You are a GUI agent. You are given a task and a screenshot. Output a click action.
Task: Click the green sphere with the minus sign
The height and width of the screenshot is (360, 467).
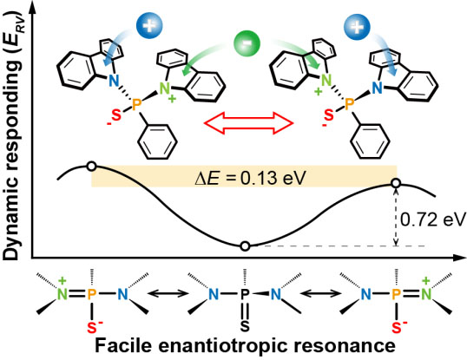click(247, 43)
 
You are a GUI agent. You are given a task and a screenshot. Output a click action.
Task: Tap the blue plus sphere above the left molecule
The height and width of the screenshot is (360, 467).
click(149, 25)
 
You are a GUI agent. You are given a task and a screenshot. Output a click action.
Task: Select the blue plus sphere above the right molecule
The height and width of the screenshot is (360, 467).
click(357, 27)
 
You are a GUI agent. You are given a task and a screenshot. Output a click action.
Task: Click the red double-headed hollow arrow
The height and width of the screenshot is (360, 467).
click(248, 123)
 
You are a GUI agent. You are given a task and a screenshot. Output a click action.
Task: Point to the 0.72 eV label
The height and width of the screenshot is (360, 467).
click(433, 219)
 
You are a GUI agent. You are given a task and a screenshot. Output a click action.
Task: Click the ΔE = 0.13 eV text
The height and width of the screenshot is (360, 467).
click(250, 179)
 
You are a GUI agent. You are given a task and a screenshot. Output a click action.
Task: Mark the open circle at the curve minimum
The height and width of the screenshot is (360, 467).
click(245, 246)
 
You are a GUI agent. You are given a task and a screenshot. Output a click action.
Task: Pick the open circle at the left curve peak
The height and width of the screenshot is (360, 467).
click(92, 167)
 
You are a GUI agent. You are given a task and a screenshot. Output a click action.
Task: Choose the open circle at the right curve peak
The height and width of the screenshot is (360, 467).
click(396, 183)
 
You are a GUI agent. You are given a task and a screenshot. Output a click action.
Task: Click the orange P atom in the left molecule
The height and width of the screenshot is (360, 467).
click(136, 105)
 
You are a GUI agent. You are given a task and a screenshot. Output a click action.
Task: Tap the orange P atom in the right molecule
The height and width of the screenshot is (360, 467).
click(349, 104)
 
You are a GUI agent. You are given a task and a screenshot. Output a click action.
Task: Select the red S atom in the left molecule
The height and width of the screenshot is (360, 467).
click(116, 115)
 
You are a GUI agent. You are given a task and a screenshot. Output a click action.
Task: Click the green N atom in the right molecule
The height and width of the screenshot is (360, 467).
click(326, 81)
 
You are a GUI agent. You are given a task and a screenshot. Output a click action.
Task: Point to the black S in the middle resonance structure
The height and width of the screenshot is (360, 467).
click(245, 326)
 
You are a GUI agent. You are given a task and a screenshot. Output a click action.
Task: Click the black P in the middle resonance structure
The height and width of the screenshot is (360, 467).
click(245, 294)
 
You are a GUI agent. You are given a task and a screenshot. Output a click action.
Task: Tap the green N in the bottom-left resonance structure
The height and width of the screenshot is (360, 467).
click(62, 294)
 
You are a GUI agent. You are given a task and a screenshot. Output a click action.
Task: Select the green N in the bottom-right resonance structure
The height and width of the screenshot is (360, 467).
click(426, 294)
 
